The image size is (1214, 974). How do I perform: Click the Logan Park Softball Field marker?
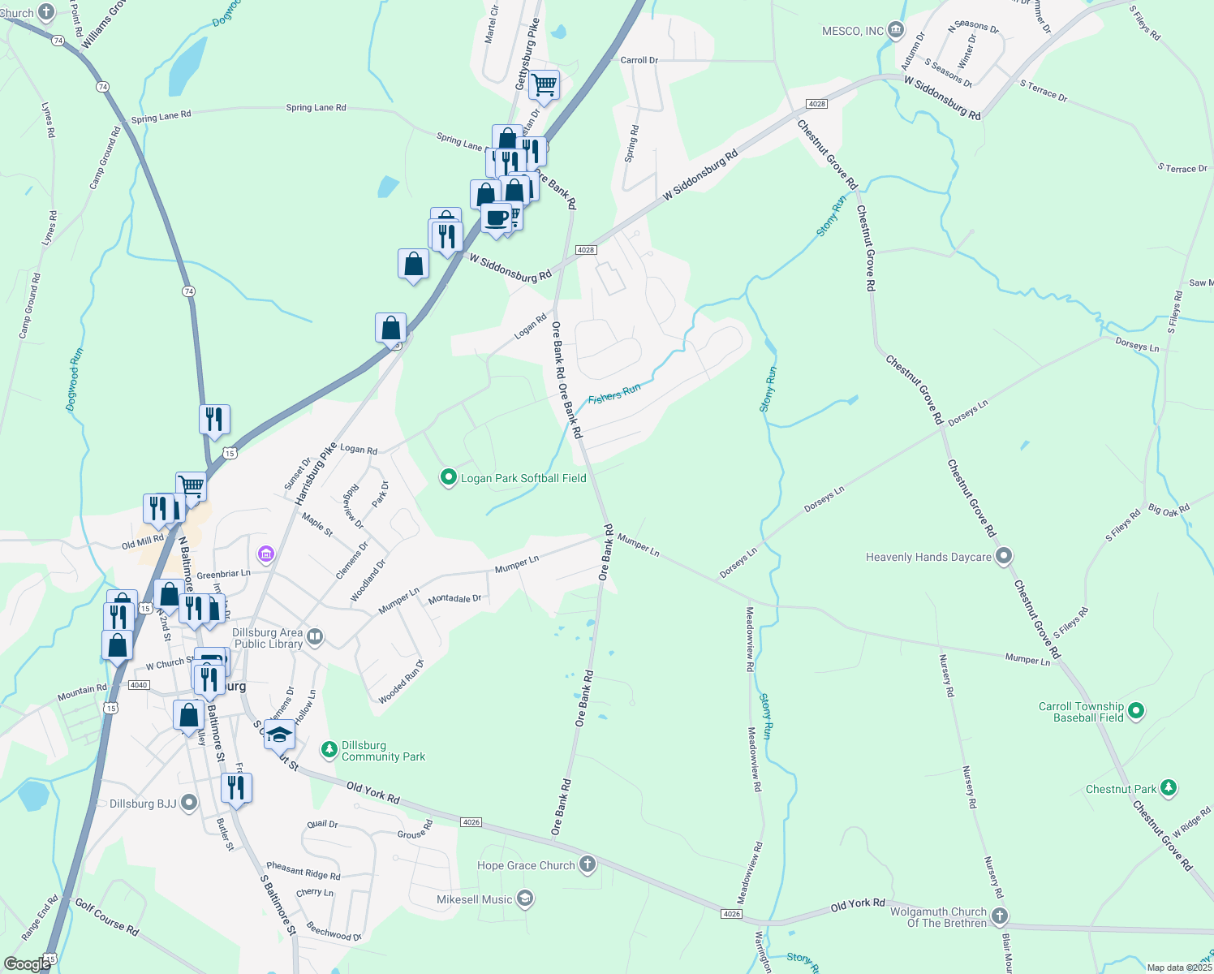(x=448, y=477)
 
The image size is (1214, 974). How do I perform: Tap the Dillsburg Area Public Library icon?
(x=316, y=637)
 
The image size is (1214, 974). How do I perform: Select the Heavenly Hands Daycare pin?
(x=1004, y=556)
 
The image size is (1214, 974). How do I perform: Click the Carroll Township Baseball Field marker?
(x=1136, y=712)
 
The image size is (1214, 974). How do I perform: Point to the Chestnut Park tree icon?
(x=1168, y=788)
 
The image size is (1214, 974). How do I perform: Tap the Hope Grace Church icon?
(x=588, y=864)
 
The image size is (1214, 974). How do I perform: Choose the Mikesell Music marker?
(x=525, y=899)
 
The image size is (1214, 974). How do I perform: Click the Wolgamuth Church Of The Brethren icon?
(x=1000, y=916)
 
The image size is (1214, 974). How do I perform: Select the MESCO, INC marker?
(x=896, y=31)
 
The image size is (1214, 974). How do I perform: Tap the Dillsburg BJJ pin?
(x=189, y=803)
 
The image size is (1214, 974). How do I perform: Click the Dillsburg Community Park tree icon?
(x=329, y=749)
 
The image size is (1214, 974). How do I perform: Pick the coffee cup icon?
(x=496, y=218)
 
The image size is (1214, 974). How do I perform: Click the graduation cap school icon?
(x=279, y=735)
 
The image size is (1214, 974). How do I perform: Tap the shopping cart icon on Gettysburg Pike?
(x=544, y=83)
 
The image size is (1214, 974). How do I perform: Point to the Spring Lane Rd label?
(x=316, y=107)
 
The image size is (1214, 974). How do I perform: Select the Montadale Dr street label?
(x=454, y=599)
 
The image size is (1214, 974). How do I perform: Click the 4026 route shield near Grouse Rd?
(x=471, y=822)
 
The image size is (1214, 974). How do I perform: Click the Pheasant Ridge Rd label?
(x=303, y=871)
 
